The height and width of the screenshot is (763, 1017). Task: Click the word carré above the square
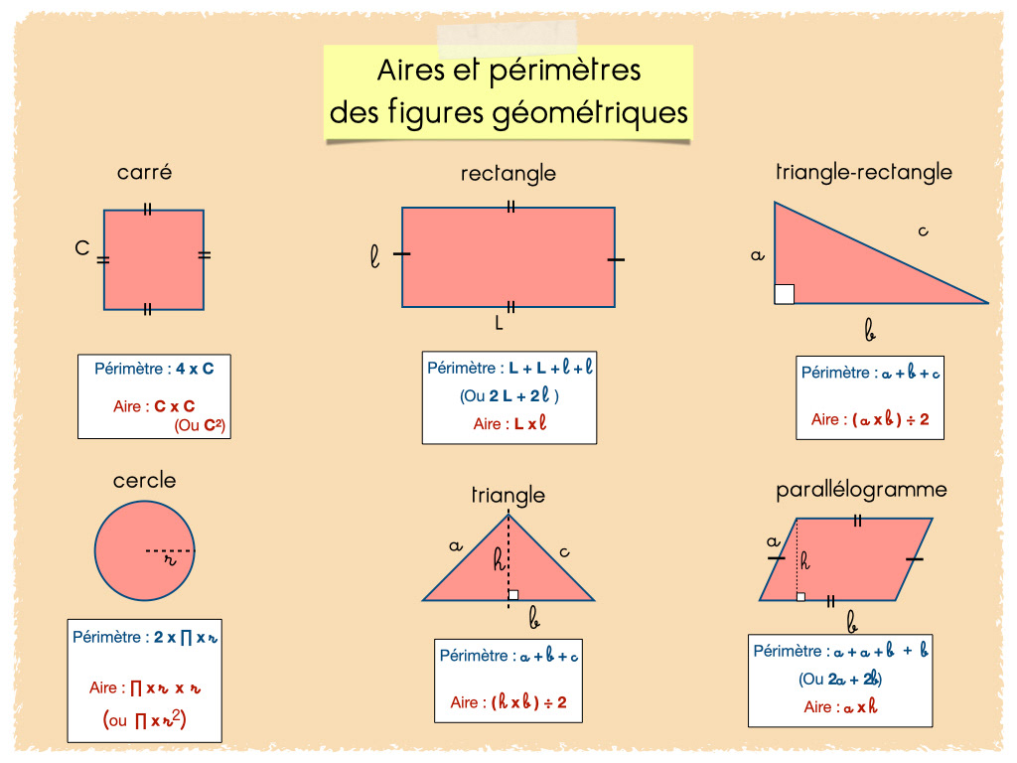pos(145,172)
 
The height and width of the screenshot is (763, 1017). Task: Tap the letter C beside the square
pos(82,248)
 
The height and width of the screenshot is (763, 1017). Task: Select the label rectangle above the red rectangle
pos(508,174)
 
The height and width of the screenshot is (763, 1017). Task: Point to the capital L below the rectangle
pos(500,323)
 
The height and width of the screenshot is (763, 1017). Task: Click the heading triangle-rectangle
pos(863,172)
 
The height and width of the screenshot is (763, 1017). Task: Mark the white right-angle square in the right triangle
pos(785,293)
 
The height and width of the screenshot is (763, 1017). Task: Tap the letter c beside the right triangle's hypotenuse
pos(923,231)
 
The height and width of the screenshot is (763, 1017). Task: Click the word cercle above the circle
pos(145,481)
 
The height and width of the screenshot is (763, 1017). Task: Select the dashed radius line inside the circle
pos(170,549)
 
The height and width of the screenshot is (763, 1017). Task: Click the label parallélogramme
pos(861,490)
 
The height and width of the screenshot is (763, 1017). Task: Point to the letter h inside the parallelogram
pos(804,561)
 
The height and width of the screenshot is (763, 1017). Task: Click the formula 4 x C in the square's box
pos(195,369)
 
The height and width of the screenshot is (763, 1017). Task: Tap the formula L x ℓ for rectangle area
pos(530,423)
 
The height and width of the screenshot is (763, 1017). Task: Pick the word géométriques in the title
pos(589,112)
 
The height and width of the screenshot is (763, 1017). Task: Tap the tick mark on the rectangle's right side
pos(616,259)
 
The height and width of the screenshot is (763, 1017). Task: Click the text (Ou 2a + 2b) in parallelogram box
pos(840,680)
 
